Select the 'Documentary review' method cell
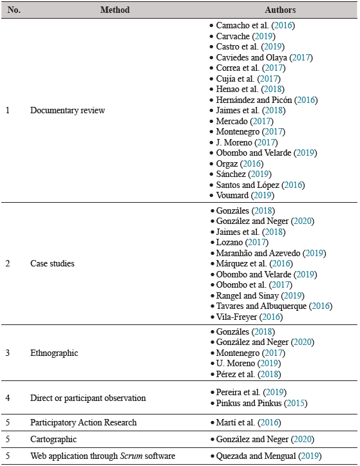(x=68, y=110)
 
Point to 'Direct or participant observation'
(x=88, y=398)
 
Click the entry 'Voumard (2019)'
(x=244, y=194)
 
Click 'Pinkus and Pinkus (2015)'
(x=261, y=404)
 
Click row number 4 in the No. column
(x=8, y=398)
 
